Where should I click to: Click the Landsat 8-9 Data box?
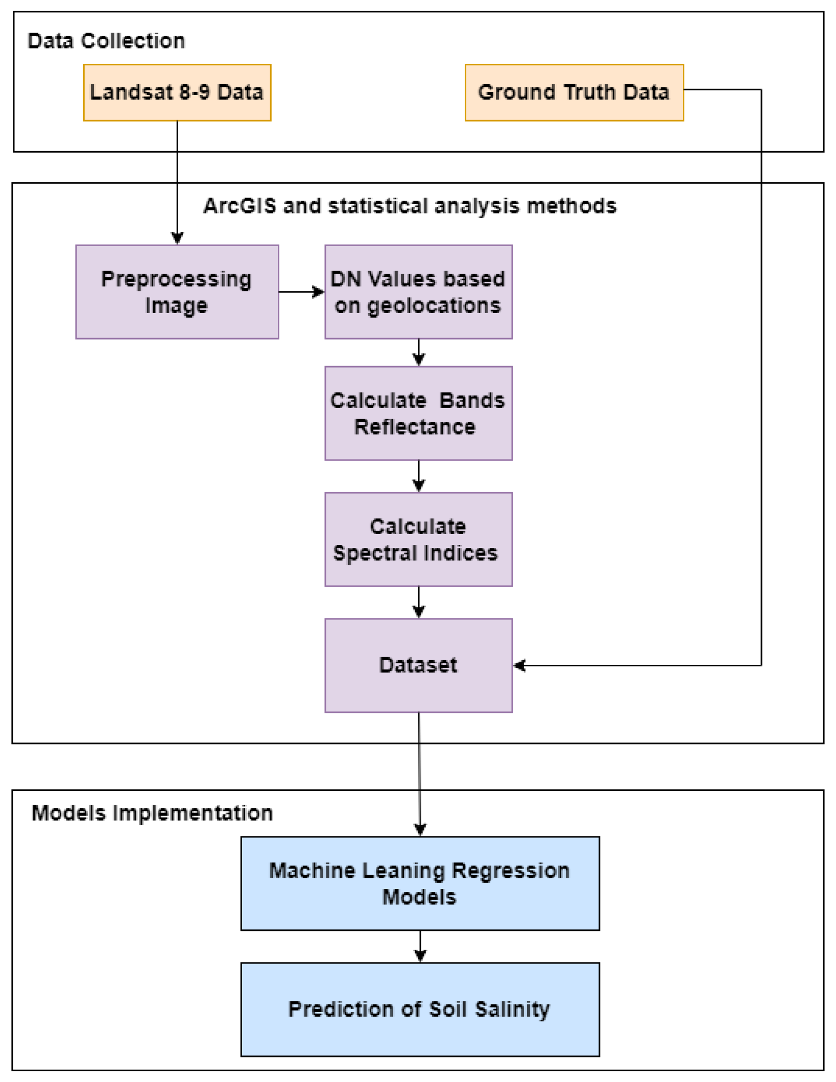click(x=177, y=92)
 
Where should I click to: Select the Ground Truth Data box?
click(x=574, y=92)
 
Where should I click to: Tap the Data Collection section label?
click(x=106, y=41)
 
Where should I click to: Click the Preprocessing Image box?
click(x=177, y=292)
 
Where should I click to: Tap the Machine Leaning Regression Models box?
click(x=419, y=883)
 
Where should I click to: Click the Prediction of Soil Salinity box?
click(x=419, y=1009)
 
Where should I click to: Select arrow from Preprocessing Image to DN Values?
click(x=301, y=292)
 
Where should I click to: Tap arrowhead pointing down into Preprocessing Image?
click(x=177, y=238)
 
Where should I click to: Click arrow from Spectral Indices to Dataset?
click(x=418, y=602)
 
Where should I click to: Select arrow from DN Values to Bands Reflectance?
click(x=418, y=352)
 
